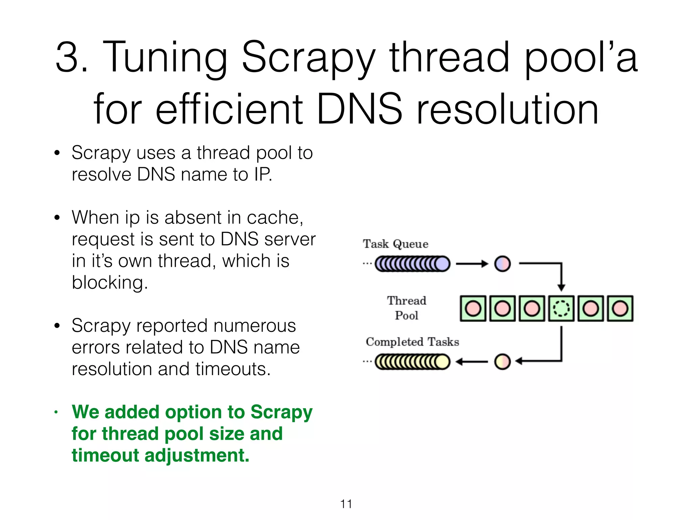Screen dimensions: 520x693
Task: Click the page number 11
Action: [346, 504]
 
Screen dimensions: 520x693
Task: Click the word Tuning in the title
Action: [165, 58]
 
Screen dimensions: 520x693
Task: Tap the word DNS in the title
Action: [359, 109]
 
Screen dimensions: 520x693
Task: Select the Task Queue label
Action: [395, 244]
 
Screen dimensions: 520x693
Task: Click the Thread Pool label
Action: [406, 308]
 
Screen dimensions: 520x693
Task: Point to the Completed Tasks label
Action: [412, 342]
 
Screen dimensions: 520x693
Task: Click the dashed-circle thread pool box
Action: [561, 308]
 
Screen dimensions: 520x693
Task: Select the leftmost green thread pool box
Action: [473, 308]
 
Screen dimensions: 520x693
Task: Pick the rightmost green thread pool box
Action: [620, 308]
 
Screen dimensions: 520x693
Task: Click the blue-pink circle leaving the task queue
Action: [502, 264]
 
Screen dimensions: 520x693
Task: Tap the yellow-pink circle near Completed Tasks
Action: [502, 362]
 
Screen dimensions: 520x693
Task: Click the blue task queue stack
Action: [412, 264]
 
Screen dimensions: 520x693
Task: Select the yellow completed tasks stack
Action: [412, 362]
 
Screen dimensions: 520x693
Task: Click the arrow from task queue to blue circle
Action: [472, 264]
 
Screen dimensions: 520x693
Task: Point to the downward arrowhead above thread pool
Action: [561, 287]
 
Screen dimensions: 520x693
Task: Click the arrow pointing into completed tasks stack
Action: [472, 362]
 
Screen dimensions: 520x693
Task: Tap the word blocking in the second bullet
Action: [110, 282]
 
